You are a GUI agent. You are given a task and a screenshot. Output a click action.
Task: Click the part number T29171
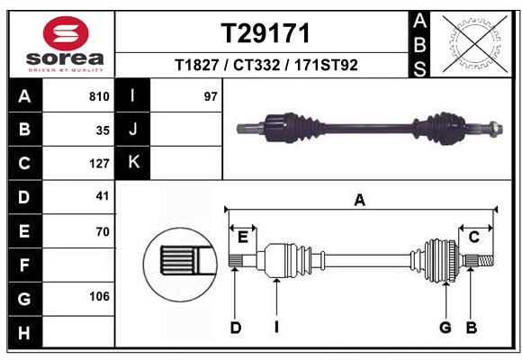click(x=265, y=33)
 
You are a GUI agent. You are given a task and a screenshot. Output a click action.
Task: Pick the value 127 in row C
click(x=99, y=164)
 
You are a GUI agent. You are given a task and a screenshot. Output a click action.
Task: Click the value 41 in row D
click(x=102, y=195)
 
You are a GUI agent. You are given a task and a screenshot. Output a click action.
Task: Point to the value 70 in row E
click(x=102, y=231)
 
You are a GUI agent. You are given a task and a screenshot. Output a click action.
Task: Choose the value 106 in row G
click(x=99, y=296)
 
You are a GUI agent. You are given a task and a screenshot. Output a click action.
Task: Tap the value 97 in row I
click(x=211, y=96)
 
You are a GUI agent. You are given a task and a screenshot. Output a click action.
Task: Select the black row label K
click(x=133, y=162)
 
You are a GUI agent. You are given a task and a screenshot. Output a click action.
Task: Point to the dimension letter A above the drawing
click(x=360, y=201)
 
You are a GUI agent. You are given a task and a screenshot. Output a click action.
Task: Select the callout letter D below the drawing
click(x=235, y=328)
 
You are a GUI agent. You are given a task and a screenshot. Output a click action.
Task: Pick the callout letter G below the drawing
click(x=445, y=328)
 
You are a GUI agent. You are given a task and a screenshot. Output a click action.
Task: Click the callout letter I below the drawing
click(x=277, y=328)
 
